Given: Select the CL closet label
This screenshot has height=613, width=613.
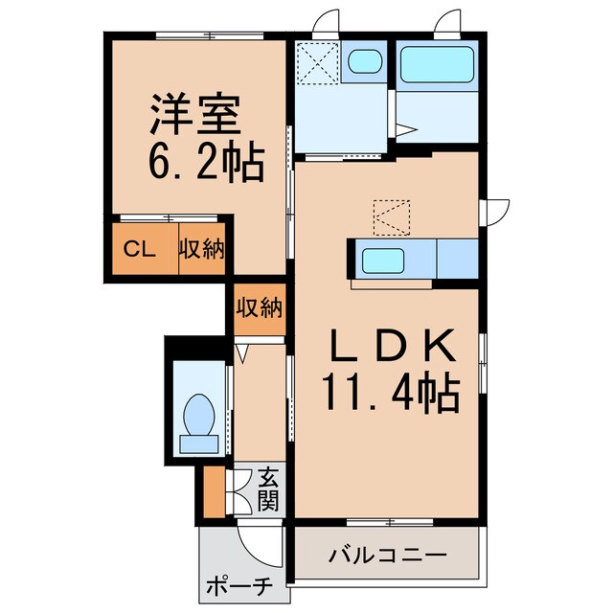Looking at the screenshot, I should [x=141, y=251].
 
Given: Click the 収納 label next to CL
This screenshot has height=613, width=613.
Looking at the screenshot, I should [x=202, y=251].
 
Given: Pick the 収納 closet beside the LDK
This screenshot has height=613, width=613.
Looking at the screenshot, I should [x=259, y=309].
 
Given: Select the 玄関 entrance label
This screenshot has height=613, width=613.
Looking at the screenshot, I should [x=268, y=487].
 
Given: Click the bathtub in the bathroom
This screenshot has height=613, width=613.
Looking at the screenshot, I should [x=437, y=65].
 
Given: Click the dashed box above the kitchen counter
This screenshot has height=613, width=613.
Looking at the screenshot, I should [x=391, y=217].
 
